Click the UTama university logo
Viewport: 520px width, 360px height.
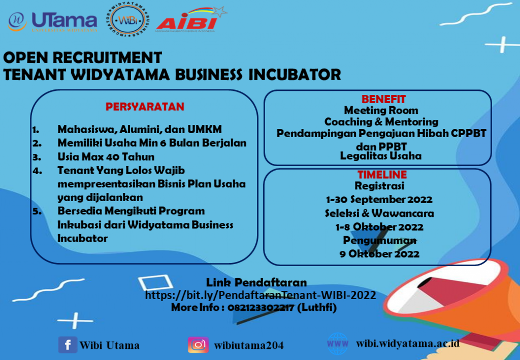53,22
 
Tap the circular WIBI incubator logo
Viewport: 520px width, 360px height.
127,20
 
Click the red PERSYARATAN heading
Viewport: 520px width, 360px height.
145,107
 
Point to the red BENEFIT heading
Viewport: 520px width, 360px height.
384,99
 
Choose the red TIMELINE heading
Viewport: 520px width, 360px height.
382,174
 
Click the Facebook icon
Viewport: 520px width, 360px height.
68,345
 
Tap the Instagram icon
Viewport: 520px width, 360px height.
199,345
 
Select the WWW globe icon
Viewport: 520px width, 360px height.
338,344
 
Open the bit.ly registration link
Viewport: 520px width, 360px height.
261,295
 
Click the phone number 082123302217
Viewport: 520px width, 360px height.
261,308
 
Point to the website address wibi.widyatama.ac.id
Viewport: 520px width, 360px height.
408,343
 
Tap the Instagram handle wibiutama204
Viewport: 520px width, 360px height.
249,345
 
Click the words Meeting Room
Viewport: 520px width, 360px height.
381,110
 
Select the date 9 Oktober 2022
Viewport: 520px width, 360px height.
379,254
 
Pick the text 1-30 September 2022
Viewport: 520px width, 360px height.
379,200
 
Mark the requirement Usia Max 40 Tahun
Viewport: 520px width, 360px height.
106,156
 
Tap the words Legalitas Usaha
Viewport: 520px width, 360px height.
381,156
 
